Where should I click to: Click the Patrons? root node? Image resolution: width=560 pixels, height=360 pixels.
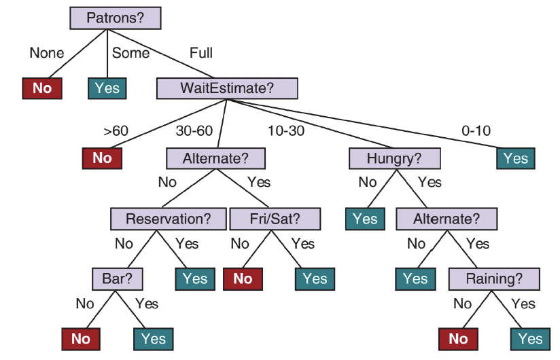pos(115,18)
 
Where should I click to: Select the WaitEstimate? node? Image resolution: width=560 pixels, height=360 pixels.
pos(228,88)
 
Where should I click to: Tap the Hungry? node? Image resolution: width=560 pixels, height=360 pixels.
pos(394,158)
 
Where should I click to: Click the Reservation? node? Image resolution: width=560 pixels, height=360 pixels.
pos(167,219)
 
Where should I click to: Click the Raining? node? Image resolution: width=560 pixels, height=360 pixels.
pos(494,278)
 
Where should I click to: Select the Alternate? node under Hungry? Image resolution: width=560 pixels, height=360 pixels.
pos(446,219)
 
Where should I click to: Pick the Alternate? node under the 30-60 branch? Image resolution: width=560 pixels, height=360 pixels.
pos(215,158)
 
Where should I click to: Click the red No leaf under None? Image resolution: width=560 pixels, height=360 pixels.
pos(42,88)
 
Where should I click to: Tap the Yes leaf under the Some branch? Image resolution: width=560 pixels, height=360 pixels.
pos(107,88)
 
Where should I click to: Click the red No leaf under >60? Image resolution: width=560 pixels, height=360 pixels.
pos(102,158)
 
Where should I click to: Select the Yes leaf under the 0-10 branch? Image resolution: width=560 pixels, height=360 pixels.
pos(515,158)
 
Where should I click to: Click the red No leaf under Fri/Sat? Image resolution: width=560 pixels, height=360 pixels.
pos(243,278)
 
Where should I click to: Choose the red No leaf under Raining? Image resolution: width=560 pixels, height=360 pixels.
pos(459,339)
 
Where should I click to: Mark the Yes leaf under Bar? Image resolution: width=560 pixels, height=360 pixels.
pos(154,339)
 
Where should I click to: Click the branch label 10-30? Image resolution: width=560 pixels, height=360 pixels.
pos(287,130)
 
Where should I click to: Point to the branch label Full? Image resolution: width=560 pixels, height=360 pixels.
pos(201,52)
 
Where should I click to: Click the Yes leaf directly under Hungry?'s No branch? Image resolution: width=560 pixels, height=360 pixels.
pos(365,219)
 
